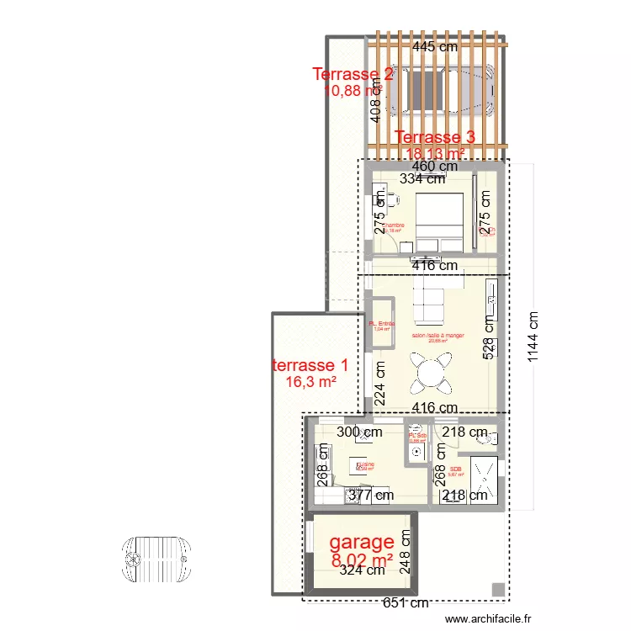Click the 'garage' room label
click(361, 542)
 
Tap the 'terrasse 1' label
click(310, 365)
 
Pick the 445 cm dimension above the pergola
click(435, 46)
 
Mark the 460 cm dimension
click(435, 166)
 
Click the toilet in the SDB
click(482, 436)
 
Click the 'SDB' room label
click(456, 469)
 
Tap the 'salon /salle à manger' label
click(437, 336)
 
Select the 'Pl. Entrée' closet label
click(382, 324)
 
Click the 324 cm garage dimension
click(362, 570)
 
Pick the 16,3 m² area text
click(311, 382)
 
